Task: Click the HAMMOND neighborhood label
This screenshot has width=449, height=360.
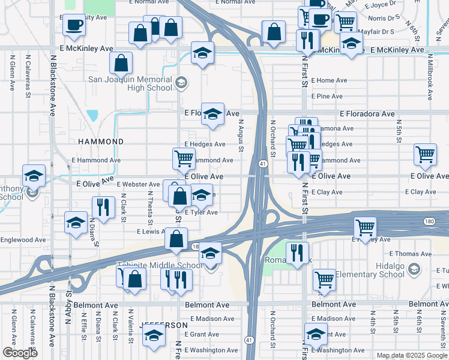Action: click(x=101, y=142)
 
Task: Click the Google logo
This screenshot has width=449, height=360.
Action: click(x=20, y=353)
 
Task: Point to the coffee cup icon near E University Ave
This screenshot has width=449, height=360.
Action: click(x=74, y=25)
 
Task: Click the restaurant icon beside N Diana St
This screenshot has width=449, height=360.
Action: click(x=103, y=207)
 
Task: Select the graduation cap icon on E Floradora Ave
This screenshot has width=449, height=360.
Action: click(x=212, y=114)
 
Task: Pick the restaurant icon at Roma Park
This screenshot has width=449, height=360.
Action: click(x=297, y=253)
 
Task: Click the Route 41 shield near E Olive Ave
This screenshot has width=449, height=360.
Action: click(x=263, y=164)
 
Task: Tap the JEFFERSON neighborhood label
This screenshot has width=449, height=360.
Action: click(x=160, y=325)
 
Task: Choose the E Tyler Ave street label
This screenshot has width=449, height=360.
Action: click(x=201, y=212)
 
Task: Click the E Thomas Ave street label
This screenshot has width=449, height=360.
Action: click(x=406, y=254)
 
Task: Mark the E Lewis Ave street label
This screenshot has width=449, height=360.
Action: click(x=152, y=231)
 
